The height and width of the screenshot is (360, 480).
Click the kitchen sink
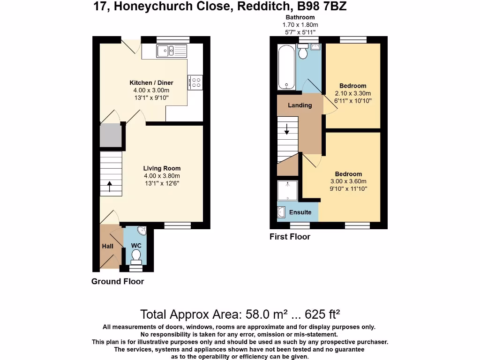(172, 50)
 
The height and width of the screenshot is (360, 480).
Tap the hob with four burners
(195, 82)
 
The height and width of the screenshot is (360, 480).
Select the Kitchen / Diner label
(147, 83)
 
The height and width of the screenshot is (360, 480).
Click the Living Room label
(162, 168)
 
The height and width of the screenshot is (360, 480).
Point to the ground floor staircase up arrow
(110, 187)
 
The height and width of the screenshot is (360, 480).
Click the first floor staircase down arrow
(287, 129)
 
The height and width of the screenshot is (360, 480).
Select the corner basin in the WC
(142, 231)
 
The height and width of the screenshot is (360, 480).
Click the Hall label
(108, 246)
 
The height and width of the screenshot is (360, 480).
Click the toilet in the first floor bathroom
(303, 51)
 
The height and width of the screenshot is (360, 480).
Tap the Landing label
(300, 105)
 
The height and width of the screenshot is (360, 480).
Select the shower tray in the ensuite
(288, 191)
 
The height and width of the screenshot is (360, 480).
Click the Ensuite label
(300, 212)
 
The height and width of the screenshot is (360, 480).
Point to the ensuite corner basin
(281, 212)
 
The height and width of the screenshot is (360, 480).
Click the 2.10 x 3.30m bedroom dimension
(353, 93)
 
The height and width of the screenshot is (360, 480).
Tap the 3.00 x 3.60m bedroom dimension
(348, 181)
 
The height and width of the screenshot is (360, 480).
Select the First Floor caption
(290, 237)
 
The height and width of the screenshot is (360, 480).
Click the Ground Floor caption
(117, 281)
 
